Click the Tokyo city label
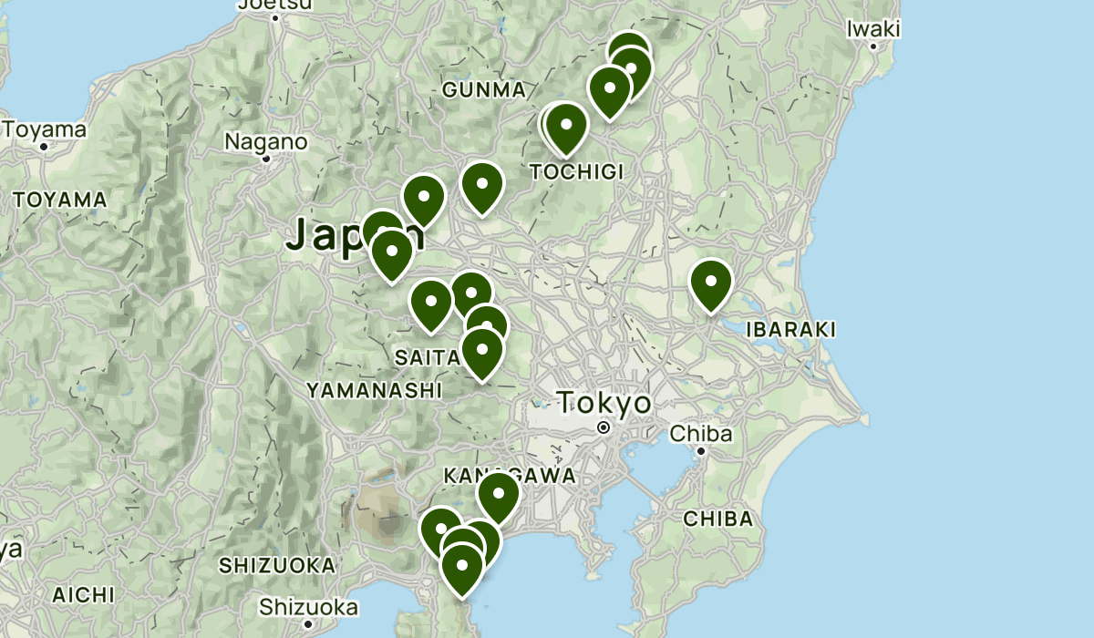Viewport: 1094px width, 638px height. [x=604, y=403]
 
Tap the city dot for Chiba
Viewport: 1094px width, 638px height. [x=701, y=451]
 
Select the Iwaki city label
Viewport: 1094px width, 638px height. [x=872, y=29]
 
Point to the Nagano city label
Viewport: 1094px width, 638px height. [x=266, y=142]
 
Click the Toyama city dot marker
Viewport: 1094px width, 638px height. [x=43, y=146]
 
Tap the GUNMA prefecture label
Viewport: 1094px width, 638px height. [x=484, y=90]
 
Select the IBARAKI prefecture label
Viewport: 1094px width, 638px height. [x=790, y=330]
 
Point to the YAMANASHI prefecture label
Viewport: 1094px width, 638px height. [x=374, y=391]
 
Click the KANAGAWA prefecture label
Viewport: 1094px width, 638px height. [x=510, y=476]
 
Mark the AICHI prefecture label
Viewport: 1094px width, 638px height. [x=83, y=595]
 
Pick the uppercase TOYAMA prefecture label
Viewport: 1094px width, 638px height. [x=60, y=200]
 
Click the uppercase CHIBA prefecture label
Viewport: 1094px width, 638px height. [x=718, y=520]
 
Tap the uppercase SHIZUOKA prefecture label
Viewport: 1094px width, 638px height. [x=277, y=566]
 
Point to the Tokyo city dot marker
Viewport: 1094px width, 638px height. [x=603, y=427]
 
